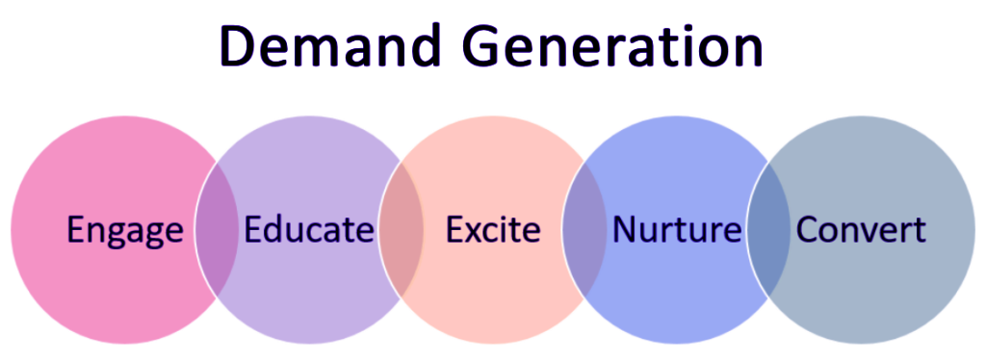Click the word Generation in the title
click(610, 46)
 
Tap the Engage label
click(124, 231)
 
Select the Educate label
click(308, 231)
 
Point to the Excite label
click(493, 231)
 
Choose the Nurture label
click(677, 231)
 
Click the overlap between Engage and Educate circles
click(217, 231)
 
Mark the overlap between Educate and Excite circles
click(401, 231)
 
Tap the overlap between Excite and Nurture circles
click(584, 231)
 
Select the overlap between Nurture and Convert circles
click(768, 231)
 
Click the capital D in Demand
click(241, 45)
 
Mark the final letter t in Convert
click(919, 231)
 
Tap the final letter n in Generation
click(747, 50)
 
